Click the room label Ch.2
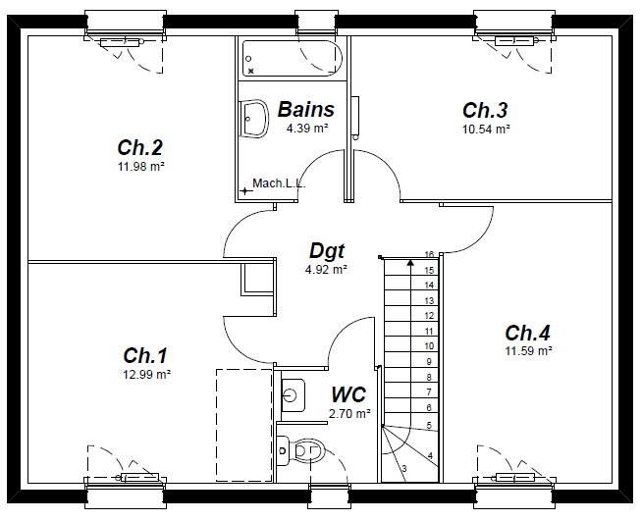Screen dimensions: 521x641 (139, 148)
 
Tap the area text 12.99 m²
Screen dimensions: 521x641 (145, 374)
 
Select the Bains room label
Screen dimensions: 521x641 (305, 110)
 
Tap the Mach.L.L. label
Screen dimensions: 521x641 (279, 183)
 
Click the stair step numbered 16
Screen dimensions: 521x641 (429, 255)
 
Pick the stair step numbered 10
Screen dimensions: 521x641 (429, 346)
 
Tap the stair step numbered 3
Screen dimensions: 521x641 (403, 470)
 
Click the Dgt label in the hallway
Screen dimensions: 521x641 (327, 251)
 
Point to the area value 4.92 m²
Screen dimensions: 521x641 (327, 269)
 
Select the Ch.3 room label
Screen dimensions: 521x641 (485, 110)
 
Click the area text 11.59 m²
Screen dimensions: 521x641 (528, 350)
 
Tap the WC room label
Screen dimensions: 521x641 (348, 394)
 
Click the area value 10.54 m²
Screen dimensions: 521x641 (486, 129)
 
